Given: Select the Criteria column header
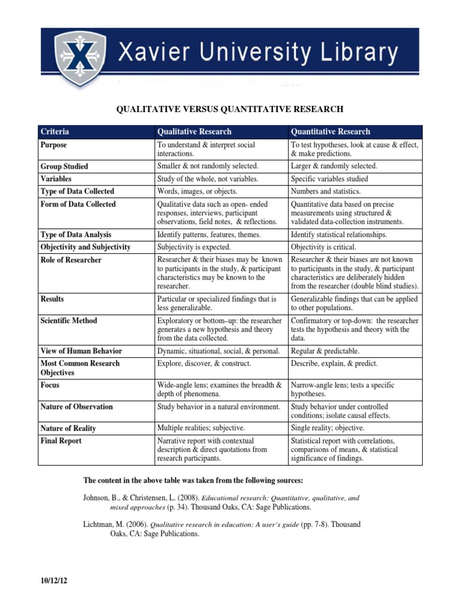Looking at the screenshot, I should (55, 132).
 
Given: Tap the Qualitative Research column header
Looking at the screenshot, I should (194, 132).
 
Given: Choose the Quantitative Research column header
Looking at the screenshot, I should (330, 132).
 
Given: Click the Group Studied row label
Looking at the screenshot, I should (64, 166).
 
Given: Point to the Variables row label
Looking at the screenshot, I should (56, 179).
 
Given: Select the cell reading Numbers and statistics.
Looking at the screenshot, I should (326, 192).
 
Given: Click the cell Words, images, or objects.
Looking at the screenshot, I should (197, 192).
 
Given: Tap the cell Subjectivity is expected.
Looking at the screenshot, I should (193, 247).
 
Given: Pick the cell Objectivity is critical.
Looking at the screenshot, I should (323, 247).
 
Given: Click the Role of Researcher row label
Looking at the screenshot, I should (71, 260).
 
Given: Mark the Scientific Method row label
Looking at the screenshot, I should (68, 321).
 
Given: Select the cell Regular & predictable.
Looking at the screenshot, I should (325, 351).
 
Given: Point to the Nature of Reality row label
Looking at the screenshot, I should (68, 429).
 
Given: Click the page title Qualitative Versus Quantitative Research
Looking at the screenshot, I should (229, 109).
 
